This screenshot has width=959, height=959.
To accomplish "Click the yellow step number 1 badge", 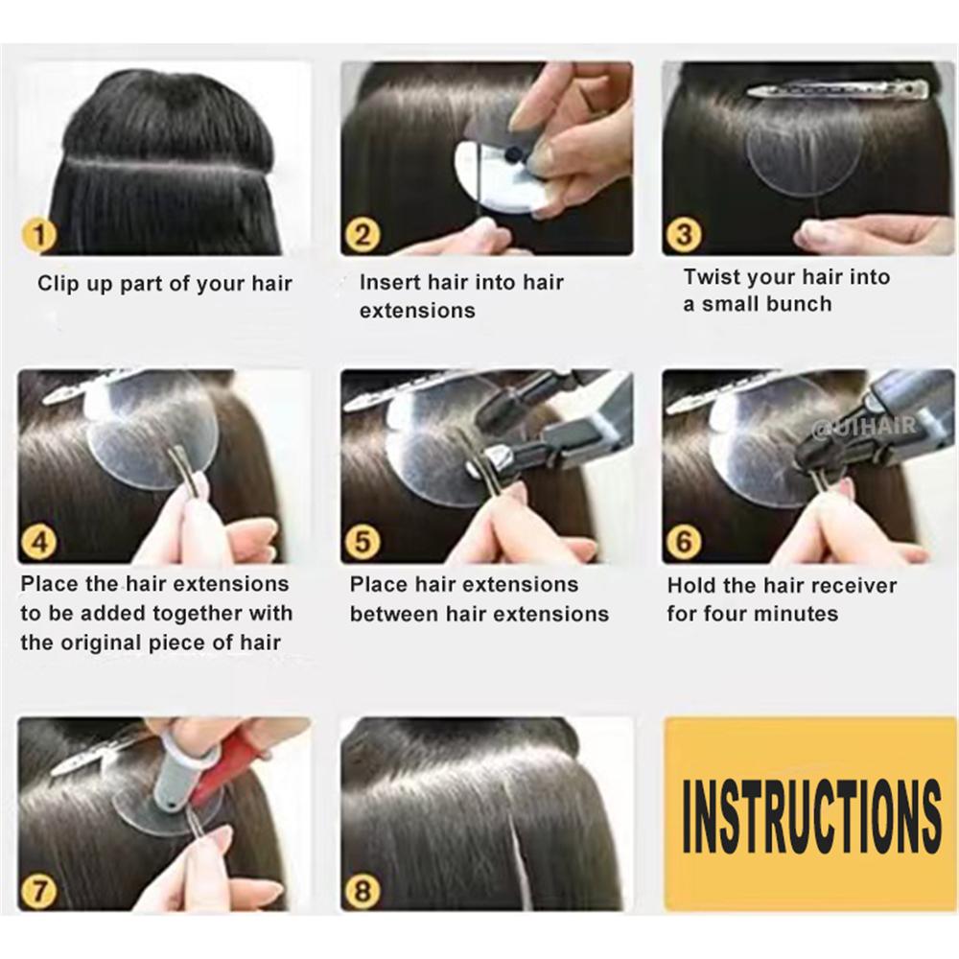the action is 39,236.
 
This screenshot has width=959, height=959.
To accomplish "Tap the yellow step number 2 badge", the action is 363,236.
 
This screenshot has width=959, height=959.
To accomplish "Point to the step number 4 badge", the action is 39,543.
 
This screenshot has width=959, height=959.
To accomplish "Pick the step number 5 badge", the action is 363,543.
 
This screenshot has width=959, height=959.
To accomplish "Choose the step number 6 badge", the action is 684,543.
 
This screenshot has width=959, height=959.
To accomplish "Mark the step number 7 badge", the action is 39,891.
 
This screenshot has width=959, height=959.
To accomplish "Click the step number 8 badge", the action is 363,891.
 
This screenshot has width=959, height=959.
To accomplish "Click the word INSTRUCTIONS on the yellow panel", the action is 811,815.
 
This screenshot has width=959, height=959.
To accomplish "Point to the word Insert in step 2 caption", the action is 389,282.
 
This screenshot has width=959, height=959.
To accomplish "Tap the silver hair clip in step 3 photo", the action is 838,90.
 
